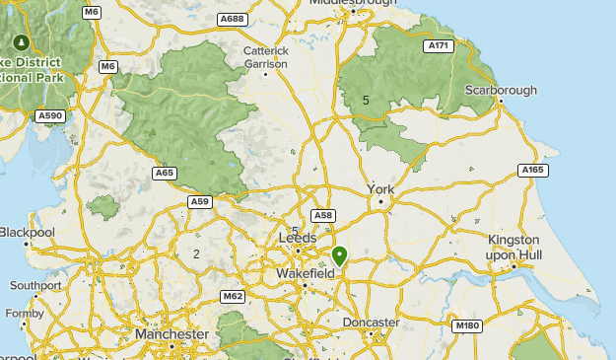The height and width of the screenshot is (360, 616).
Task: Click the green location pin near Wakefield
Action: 340,256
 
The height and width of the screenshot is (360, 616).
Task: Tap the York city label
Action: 380,188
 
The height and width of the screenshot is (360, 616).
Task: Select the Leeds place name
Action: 298,239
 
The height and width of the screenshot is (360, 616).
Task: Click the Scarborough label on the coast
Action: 502,90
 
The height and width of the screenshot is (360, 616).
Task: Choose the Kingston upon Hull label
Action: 513,248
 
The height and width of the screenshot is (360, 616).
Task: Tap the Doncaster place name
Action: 371,323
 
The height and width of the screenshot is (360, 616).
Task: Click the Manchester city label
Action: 171,334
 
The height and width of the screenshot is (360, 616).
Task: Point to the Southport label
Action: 34,286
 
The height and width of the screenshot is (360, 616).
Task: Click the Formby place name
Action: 25,314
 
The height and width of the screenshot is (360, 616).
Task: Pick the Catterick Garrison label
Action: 266,57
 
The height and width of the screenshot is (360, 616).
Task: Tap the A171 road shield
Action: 437,46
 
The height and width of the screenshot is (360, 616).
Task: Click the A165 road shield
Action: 532,171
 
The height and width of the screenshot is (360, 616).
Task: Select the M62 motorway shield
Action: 233,296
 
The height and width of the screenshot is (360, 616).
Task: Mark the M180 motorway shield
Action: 466,325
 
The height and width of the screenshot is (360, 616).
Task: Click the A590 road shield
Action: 49,116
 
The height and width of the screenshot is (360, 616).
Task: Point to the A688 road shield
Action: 233,19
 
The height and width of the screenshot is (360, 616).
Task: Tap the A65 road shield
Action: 165,173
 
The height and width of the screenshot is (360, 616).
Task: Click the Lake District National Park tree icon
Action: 21,43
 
